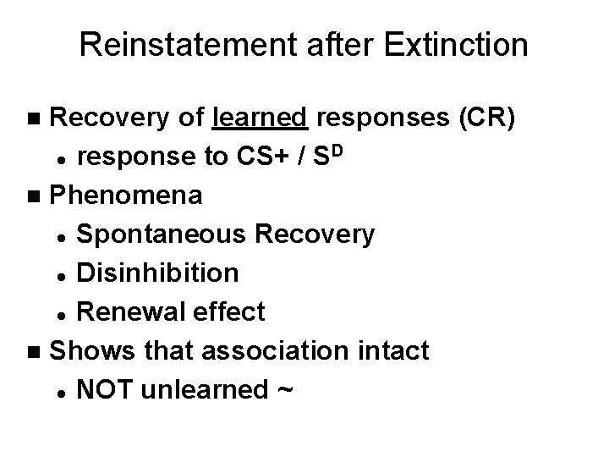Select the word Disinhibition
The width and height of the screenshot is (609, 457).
156,273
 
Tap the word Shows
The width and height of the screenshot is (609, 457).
89,350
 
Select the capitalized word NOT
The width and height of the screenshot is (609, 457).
103,388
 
